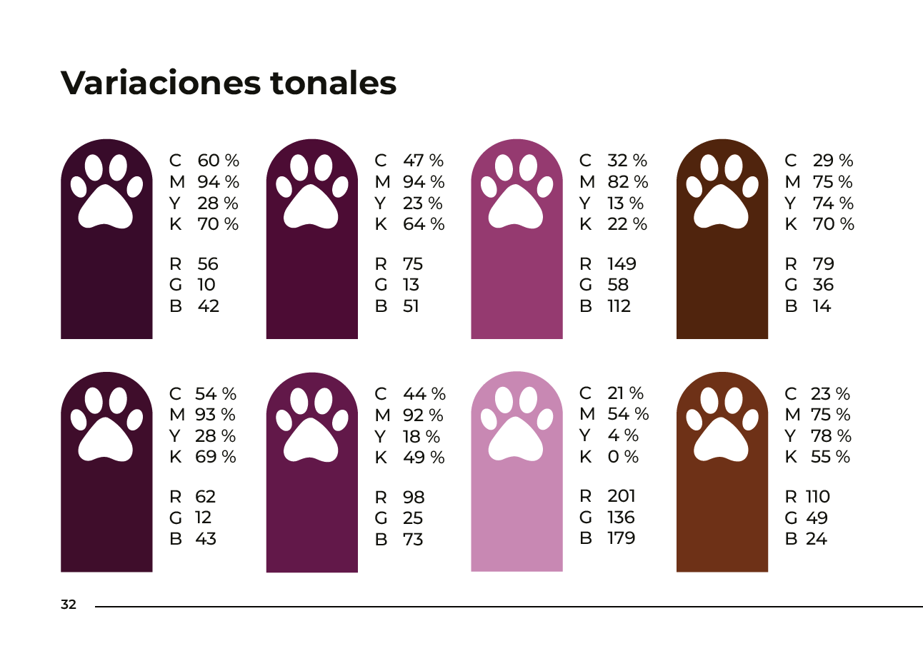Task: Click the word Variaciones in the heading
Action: (x=161, y=83)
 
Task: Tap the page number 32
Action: (x=69, y=605)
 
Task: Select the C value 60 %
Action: (x=218, y=161)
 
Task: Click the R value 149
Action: (x=622, y=264)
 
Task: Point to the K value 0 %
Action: (x=623, y=457)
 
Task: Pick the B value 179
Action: (x=622, y=538)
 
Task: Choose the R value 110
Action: (x=818, y=497)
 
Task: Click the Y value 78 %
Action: (x=831, y=436)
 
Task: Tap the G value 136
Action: (x=621, y=518)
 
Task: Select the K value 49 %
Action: (x=424, y=458)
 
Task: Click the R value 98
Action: (x=414, y=498)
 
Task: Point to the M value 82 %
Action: (x=627, y=182)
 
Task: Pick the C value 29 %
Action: (x=833, y=161)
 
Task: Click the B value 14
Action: (x=822, y=306)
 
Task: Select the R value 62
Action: (x=205, y=497)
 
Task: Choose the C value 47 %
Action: (x=423, y=161)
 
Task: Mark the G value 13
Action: (x=411, y=285)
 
